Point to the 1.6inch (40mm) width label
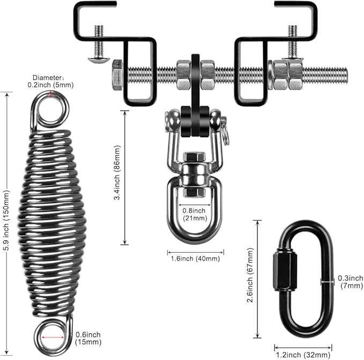[x=195, y=259]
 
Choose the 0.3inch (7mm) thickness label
[x=351, y=282]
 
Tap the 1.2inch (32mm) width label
[x=303, y=355]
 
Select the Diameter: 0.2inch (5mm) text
[x=51, y=80]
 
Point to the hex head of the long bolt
[x=117, y=74]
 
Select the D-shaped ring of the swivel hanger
[x=195, y=223]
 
